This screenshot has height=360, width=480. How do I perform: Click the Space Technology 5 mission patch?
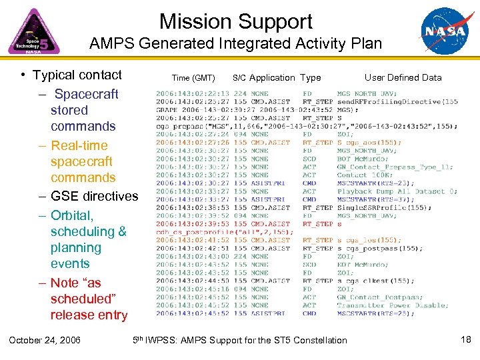33,32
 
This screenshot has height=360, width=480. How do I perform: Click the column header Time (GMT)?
193,78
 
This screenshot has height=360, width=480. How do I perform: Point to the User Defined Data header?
403,77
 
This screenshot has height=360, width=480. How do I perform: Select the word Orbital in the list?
72,215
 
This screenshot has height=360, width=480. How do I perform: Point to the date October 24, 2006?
45,340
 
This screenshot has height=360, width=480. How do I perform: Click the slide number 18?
465,340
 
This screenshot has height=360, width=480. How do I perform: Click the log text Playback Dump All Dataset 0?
397,191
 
